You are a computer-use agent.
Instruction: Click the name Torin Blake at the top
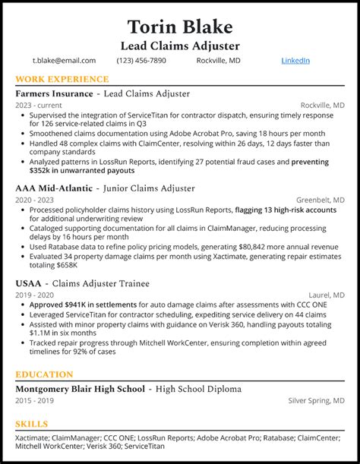[180, 27]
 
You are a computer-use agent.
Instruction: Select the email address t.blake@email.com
[64, 61]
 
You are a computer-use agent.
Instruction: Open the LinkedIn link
[295, 61]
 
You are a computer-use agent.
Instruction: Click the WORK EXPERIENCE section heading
[62, 79]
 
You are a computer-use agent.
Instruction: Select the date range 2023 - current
[37, 105]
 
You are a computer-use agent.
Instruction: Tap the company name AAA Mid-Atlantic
[53, 188]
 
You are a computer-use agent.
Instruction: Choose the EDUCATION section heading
[44, 374]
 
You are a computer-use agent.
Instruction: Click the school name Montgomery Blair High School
[80, 389]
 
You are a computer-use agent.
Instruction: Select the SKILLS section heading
[31, 424]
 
